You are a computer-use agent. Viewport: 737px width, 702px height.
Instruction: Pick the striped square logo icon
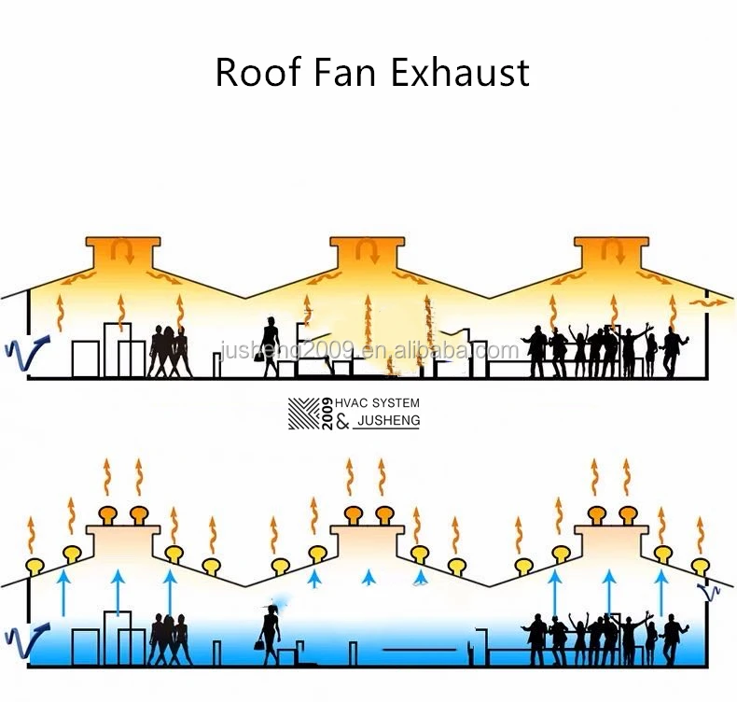[302, 413]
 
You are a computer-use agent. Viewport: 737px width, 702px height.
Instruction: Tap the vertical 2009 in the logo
[326, 413]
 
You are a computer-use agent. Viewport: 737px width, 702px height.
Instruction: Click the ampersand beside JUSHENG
[341, 422]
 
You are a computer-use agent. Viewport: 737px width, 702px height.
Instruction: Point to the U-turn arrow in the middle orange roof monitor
[367, 250]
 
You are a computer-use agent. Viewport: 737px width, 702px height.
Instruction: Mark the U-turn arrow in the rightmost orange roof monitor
[611, 250]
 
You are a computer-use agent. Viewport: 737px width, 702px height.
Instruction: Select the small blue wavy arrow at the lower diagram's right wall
[711, 590]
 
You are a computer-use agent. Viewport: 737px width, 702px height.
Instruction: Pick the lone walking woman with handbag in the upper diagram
[271, 347]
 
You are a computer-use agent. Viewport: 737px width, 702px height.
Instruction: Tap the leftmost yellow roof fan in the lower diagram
[37, 565]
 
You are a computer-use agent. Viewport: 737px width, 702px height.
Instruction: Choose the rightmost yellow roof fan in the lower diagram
[702, 565]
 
